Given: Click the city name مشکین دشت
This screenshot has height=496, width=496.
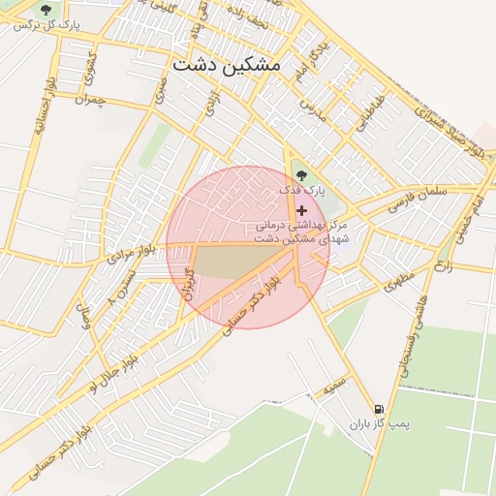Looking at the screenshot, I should pos(225,64).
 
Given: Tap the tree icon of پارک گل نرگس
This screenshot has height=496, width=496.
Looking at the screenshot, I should pos(46,11).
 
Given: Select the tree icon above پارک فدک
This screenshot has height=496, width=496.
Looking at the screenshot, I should pos(302,175).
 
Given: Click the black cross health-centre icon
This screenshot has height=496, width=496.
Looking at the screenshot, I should pos(302,210).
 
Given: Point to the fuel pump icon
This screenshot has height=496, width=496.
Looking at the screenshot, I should pos(378,410).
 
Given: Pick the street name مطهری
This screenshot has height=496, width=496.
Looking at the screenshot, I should pos(398,282).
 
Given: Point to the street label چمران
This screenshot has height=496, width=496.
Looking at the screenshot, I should pos(86,99).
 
